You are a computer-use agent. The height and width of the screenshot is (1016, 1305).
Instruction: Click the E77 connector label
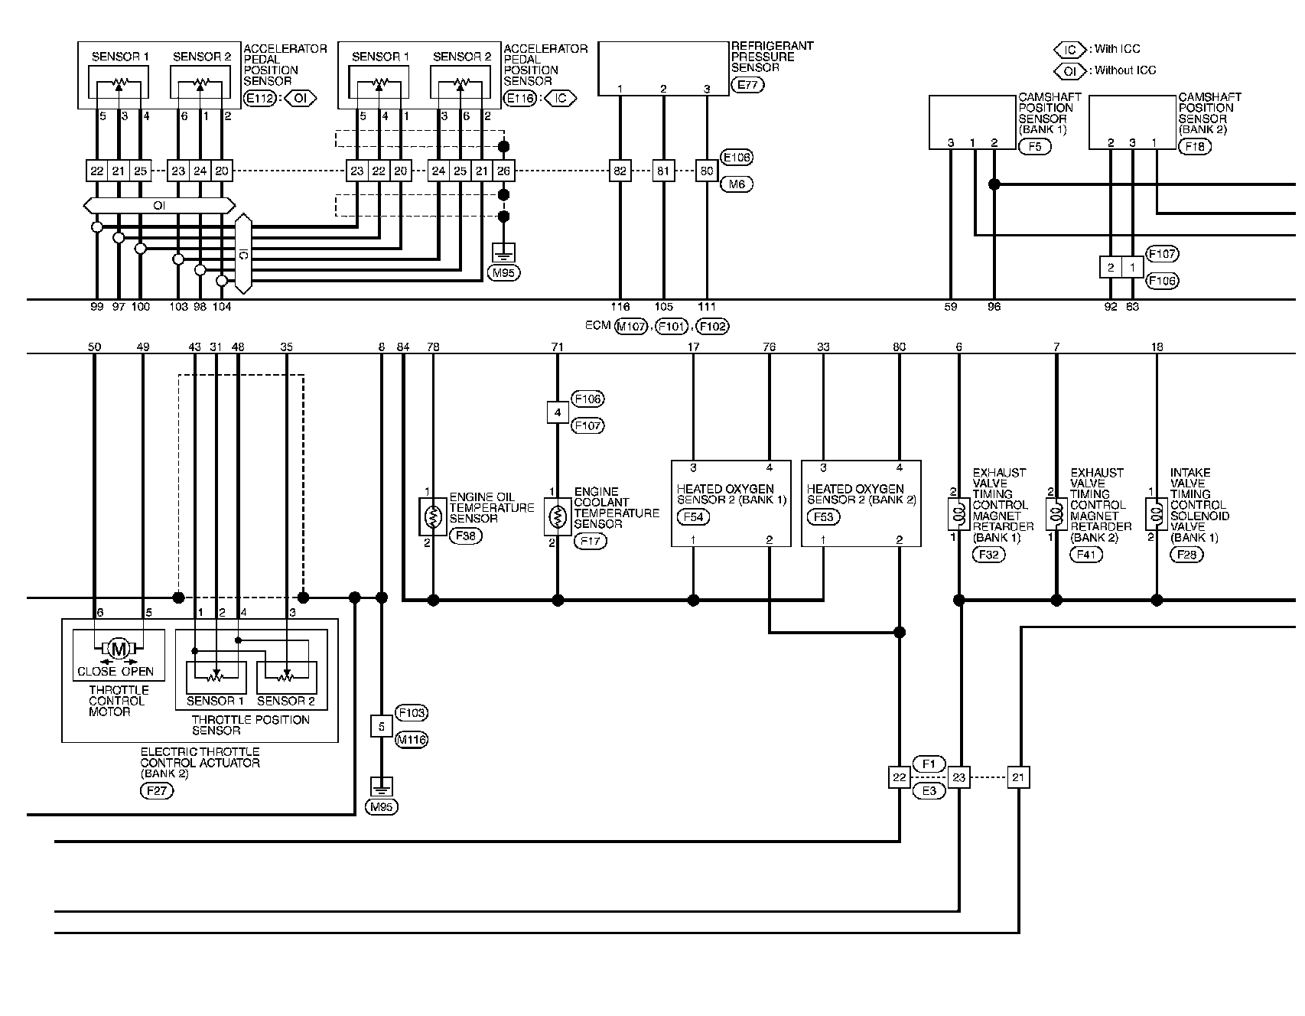[747, 85]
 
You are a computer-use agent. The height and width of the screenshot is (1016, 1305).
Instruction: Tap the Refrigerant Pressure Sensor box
[662, 69]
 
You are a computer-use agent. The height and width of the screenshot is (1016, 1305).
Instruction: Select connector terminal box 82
[620, 171]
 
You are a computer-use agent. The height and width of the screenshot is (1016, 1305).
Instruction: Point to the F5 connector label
[1035, 146]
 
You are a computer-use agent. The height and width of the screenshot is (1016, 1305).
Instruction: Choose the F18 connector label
[1195, 146]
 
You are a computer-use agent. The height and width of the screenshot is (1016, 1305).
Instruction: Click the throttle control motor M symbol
[119, 650]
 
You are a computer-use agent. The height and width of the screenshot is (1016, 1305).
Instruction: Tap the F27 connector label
[157, 791]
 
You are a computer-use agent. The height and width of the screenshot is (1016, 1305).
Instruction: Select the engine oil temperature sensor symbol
[433, 516]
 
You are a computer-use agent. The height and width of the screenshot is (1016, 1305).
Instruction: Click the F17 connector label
[590, 541]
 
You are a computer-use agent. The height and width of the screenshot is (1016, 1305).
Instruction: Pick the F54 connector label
[693, 517]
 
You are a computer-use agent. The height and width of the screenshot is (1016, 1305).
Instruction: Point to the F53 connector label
[823, 517]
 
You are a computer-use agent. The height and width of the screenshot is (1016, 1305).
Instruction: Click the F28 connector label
[1186, 555]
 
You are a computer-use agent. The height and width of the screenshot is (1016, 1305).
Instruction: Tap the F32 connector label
[988, 555]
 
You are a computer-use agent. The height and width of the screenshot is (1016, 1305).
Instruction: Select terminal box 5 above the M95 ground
[382, 726]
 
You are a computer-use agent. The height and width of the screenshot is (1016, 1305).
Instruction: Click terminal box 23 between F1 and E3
[958, 777]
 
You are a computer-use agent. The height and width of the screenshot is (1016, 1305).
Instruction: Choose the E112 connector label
[261, 99]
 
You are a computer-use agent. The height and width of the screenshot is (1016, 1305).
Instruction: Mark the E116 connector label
[521, 99]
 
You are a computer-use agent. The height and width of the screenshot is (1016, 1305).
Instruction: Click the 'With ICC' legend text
[1117, 50]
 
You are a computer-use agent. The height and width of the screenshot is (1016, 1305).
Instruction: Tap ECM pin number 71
[558, 347]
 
